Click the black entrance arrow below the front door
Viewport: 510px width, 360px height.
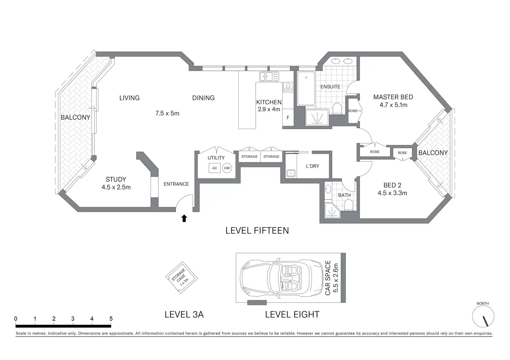tap(184, 218)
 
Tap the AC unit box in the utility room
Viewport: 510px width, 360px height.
tap(214, 168)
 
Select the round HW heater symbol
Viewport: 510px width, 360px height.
tap(227, 168)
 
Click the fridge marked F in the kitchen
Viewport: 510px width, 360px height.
tap(288, 118)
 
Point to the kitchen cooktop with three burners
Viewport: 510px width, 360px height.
tap(288, 87)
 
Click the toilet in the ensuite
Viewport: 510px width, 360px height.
tap(337, 109)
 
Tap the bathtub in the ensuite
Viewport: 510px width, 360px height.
tap(306, 89)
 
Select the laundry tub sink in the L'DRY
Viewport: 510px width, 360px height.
tap(291, 173)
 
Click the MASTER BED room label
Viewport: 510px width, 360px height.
tap(393, 97)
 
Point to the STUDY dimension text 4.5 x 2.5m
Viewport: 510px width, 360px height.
tap(116, 187)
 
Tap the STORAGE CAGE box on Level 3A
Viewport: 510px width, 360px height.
tap(182, 278)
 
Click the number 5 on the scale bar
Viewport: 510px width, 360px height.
tap(111, 318)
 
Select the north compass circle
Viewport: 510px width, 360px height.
tap(483, 316)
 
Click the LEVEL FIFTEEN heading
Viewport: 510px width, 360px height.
tap(257, 231)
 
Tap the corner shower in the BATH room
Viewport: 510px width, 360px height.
tap(332, 210)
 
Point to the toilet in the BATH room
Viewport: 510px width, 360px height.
tap(348, 205)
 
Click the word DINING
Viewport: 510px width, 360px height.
tap(203, 98)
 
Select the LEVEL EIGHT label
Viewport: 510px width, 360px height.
tap(292, 315)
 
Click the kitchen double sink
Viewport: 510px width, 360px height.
tap(269, 76)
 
